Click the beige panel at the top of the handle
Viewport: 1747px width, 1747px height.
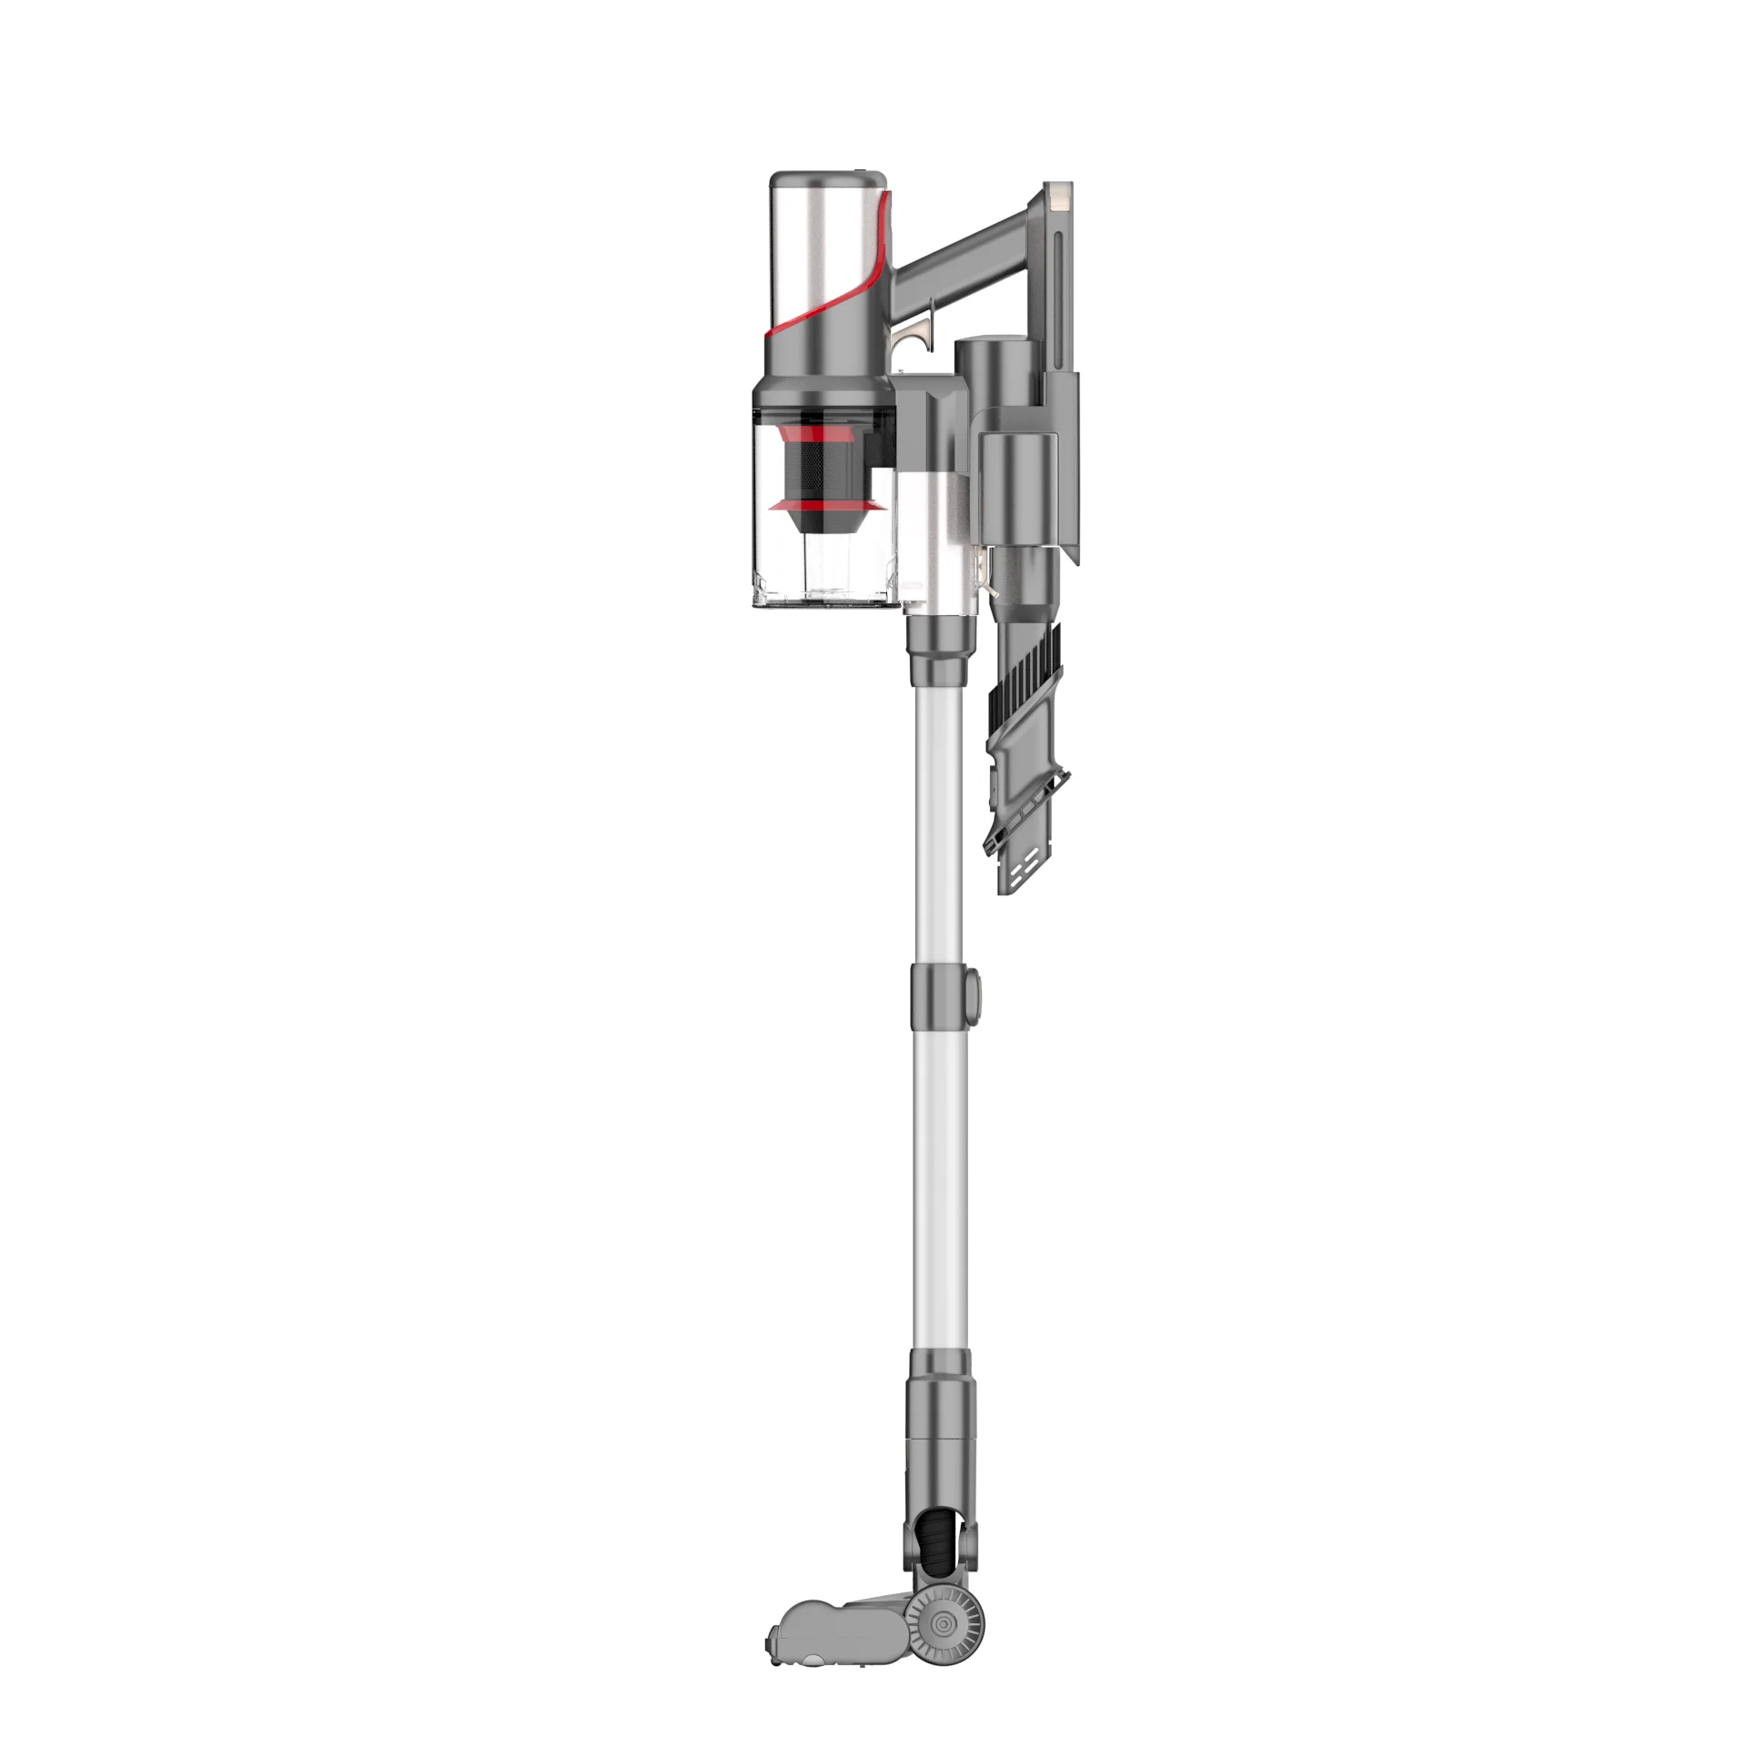(1059, 196)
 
